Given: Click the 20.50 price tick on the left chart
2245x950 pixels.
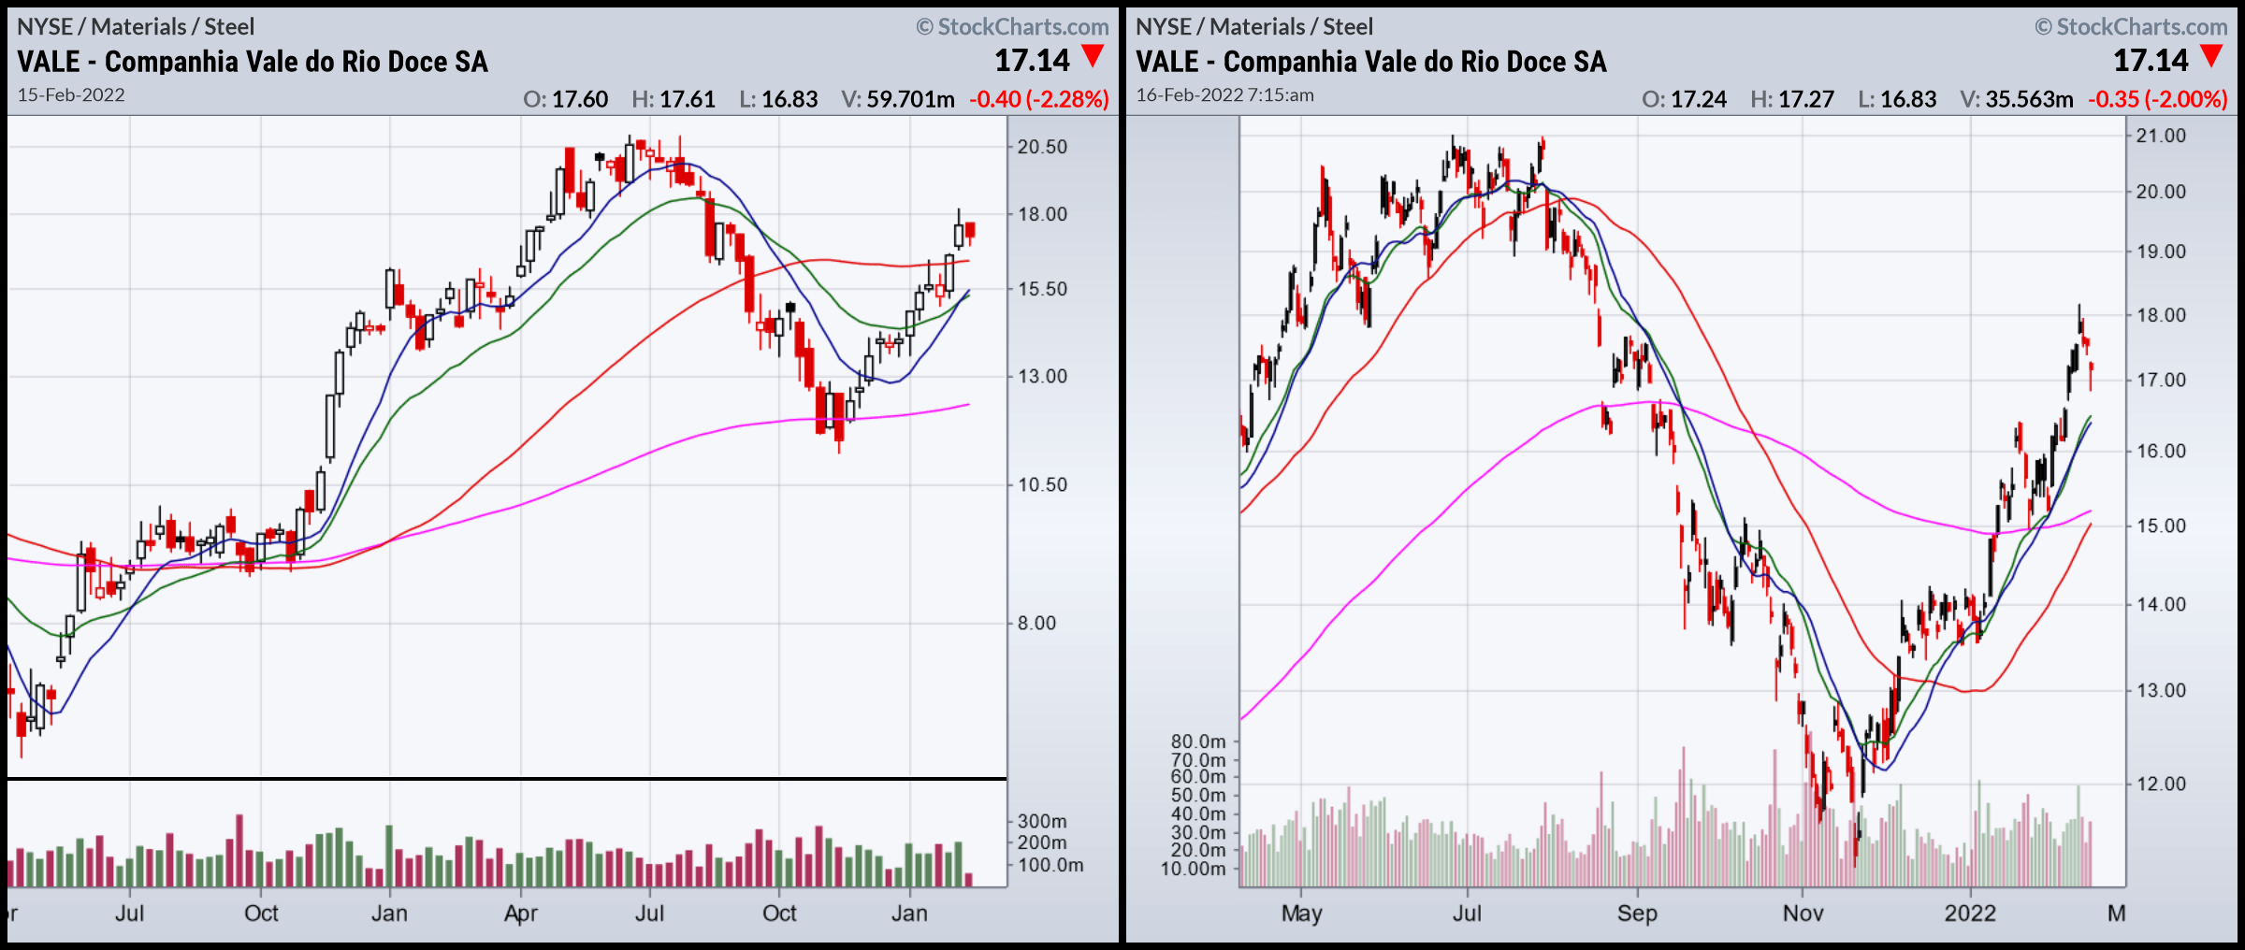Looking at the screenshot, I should point(1042,147).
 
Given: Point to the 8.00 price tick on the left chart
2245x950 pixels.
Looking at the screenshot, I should point(1036,623).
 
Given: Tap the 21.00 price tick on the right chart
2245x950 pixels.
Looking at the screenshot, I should point(2161,136).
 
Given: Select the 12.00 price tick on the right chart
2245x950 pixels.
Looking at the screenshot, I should point(2161,784).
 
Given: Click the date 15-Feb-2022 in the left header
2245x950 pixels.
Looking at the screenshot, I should point(71,95).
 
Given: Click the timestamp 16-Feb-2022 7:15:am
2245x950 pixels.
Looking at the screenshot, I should point(1224,95).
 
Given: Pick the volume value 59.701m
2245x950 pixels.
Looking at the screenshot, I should point(897,99).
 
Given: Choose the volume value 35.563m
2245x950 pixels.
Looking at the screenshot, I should point(2016,99).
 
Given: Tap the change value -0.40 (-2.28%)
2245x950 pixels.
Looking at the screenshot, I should point(1038,99).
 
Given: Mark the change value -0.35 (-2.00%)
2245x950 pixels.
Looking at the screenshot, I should point(2157,99).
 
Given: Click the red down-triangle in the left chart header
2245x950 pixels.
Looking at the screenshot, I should point(1093,56).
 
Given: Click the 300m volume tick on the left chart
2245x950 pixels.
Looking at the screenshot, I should point(1041,821).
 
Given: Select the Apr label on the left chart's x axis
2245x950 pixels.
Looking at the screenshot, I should point(520,914).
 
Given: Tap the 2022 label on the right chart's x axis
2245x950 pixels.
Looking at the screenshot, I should point(1970,914).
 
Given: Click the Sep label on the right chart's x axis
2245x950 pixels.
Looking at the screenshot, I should point(1637,914).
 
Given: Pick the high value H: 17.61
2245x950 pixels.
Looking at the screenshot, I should point(673,99).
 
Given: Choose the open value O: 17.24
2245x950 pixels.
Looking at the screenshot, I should point(1684,99).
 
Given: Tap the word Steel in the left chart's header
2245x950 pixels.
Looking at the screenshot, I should point(229,27).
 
